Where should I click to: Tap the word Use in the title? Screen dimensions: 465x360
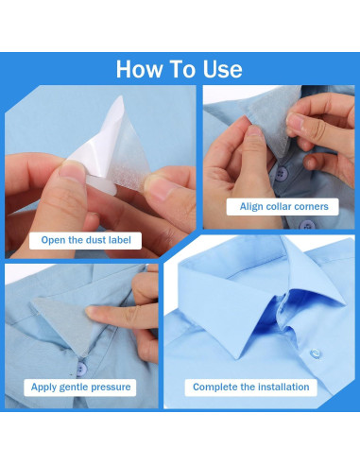[220, 69]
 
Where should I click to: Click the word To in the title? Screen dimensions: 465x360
[182, 69]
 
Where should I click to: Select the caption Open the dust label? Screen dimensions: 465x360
[85, 240]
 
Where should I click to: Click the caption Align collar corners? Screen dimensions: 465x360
[283, 206]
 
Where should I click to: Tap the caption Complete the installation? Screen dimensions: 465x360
[250, 387]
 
